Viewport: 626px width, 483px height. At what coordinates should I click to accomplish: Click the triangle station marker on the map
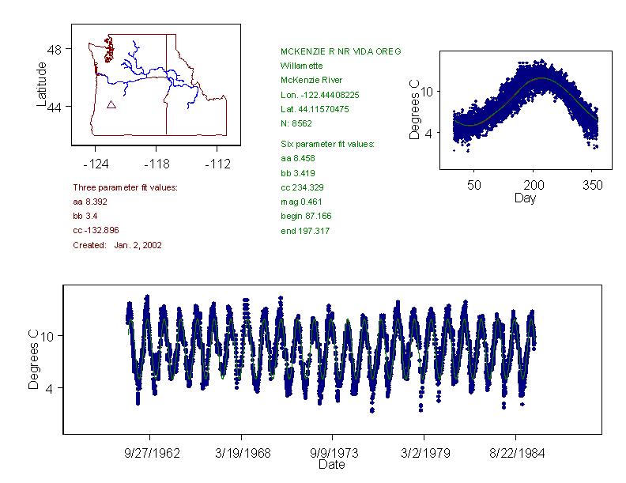point(111,104)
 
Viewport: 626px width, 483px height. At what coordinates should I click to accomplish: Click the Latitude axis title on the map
point(42,84)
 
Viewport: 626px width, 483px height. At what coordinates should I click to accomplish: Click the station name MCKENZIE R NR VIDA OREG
point(335,51)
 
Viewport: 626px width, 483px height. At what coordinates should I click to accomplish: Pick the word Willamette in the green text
point(300,66)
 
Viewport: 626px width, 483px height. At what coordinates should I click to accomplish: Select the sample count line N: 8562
point(296,123)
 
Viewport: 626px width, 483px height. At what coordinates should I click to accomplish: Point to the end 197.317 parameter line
point(305,231)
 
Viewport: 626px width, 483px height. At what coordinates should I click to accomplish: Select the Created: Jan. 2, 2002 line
point(117,245)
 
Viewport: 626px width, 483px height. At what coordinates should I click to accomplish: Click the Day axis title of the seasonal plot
point(524,198)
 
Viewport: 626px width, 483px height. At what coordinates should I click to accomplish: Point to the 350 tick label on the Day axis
point(592,185)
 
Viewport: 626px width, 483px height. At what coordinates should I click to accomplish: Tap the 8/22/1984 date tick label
point(516,454)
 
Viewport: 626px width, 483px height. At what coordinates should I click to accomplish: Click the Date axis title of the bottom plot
point(331,465)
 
